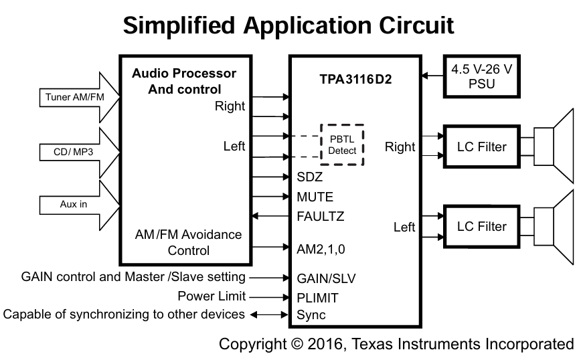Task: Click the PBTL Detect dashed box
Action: click(342, 145)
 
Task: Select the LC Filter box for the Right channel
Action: click(482, 147)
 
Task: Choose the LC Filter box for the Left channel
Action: click(482, 226)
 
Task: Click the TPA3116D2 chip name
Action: click(355, 79)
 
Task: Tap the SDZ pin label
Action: click(310, 177)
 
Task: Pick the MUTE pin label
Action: click(315, 197)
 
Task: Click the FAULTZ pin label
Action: click(321, 216)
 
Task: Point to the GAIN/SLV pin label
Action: click(326, 278)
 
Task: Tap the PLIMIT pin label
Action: click(317, 296)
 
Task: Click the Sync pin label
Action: click(311, 314)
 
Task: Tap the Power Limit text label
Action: click(212, 296)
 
